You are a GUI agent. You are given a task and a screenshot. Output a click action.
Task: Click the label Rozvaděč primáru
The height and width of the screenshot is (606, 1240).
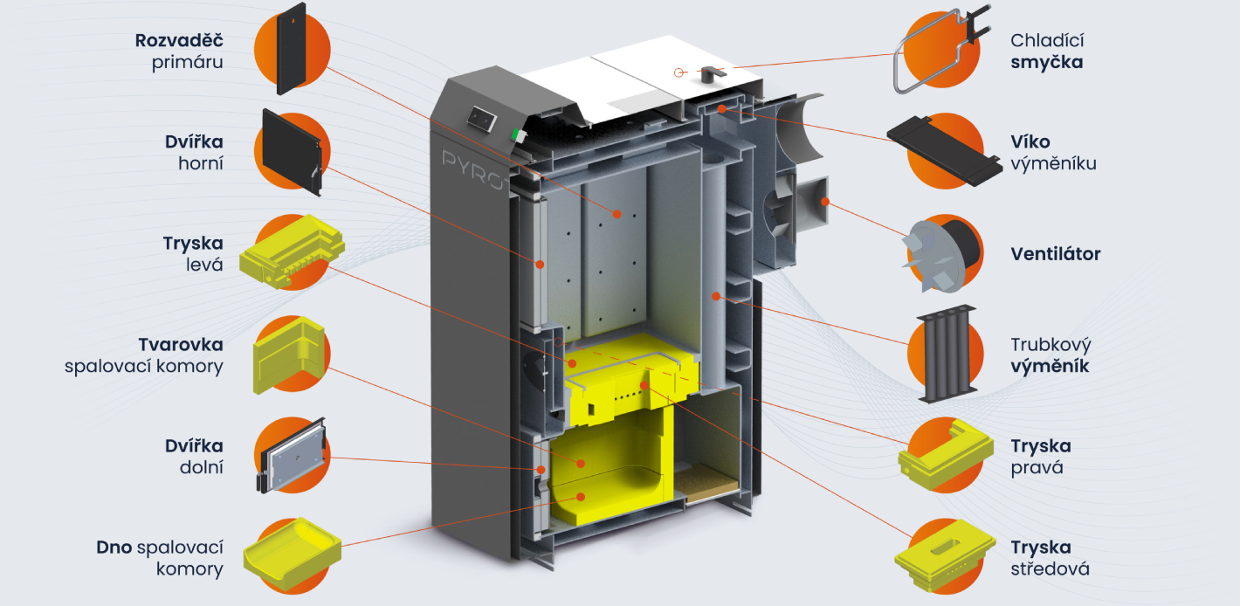pos(179,51)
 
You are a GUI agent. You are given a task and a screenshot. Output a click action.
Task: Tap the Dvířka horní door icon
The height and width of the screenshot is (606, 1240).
pos(292,151)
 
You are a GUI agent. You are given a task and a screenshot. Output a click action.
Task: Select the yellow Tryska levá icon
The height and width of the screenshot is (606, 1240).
pos(292,251)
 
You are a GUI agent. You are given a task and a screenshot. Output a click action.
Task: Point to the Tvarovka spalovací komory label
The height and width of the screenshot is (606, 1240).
pos(144,355)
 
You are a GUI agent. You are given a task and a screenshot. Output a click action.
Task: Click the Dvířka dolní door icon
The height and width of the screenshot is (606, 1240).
pos(292,456)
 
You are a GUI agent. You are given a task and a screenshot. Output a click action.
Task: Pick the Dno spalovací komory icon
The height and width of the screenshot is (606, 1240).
pos(292,554)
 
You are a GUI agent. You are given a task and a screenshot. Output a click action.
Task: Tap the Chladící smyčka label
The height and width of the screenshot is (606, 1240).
pos(1047,51)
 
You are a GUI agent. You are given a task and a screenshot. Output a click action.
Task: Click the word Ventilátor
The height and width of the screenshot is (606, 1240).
pos(1056,254)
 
